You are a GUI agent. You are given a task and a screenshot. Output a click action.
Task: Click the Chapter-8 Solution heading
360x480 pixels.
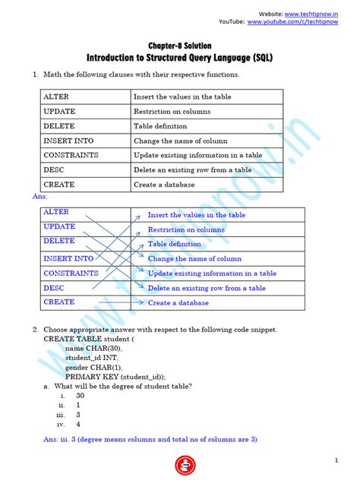(x=179, y=46)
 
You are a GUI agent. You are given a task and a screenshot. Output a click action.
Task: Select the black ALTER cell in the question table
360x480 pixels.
(x=56, y=97)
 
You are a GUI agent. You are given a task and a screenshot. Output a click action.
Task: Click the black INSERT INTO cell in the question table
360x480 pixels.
(x=68, y=141)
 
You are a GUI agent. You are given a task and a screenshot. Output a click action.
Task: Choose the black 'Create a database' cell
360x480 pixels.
(x=164, y=185)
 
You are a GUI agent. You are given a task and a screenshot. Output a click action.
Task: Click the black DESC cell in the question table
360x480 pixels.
(x=54, y=170)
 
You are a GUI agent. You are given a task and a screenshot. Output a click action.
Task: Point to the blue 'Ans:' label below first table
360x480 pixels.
(x=40, y=197)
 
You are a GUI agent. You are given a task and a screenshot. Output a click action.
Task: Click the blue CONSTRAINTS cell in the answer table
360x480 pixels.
(x=71, y=273)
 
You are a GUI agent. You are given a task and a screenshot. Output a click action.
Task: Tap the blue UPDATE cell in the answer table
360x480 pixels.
(x=59, y=226)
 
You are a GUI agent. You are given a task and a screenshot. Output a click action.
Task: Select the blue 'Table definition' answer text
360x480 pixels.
(x=174, y=244)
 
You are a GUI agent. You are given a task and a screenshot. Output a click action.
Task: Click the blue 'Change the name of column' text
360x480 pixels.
(x=194, y=259)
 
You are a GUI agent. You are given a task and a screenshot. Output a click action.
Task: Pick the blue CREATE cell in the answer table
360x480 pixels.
(x=59, y=302)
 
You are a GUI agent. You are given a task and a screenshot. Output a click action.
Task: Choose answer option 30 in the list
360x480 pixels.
(x=80, y=396)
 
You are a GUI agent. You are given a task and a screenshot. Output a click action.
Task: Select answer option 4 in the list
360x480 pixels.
(x=77, y=425)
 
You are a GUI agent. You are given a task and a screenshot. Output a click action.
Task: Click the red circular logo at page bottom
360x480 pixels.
(x=182, y=464)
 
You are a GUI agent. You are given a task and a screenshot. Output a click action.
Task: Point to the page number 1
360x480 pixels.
(x=336, y=461)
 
